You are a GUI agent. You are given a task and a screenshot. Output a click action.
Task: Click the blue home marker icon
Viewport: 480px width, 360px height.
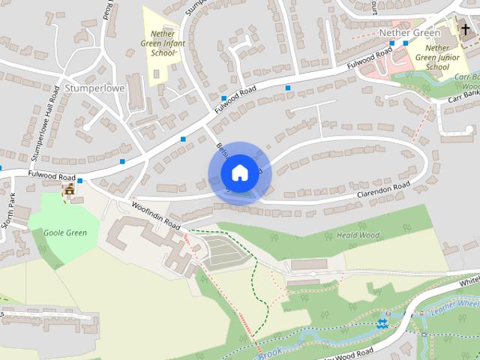click(239, 172)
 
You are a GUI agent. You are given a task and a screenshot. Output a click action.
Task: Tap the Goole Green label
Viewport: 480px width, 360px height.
click(65, 232)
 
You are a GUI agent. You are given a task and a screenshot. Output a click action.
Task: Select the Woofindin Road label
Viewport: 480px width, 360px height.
click(157, 214)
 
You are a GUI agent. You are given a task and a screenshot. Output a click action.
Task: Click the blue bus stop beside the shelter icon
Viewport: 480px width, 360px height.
click(79, 180)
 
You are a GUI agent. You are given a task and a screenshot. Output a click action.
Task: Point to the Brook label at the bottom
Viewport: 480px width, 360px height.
click(271, 349)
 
